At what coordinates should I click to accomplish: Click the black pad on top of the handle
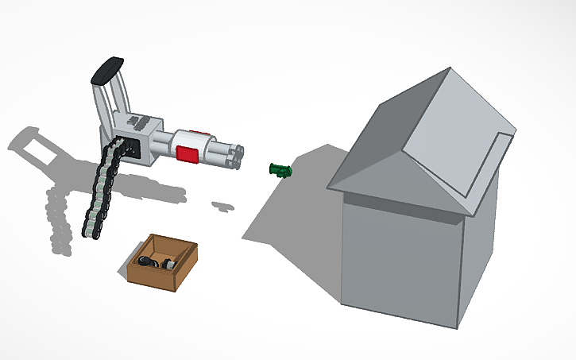coord(108,70)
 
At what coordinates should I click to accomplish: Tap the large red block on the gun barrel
coord(187,153)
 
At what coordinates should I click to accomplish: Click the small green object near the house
coord(280,169)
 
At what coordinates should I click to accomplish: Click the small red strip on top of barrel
coord(196,133)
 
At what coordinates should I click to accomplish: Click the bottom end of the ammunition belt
coord(92,231)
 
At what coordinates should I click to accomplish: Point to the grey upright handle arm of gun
coord(101,103)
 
